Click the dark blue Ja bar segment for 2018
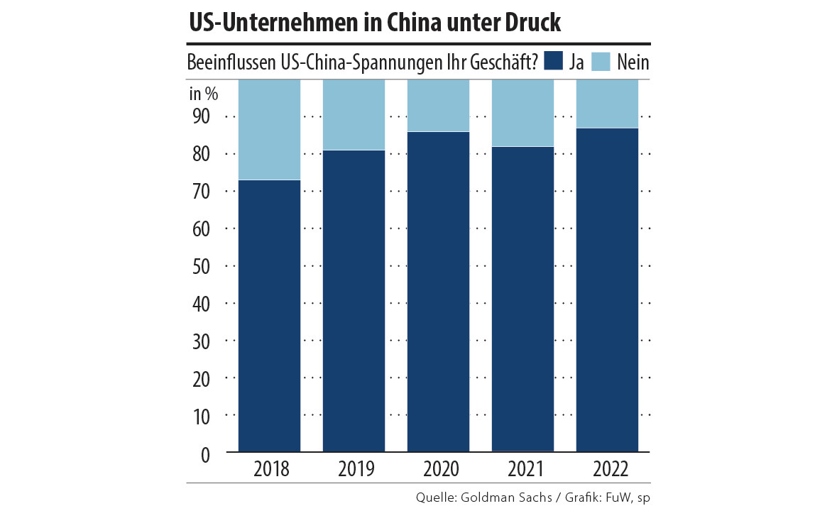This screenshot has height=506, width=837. tap(269, 316)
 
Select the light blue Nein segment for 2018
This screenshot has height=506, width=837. tap(269, 130)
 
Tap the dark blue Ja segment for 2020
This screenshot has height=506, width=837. tap(438, 292)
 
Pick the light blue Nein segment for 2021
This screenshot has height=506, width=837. tap(523, 114)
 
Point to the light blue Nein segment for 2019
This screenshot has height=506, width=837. tap(354, 115)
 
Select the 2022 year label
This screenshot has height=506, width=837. tap(607, 469)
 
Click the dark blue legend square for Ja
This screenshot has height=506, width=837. tap(553, 62)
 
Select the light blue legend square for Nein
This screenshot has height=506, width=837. tap(601, 62)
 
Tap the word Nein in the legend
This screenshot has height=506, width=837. tap(633, 62)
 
